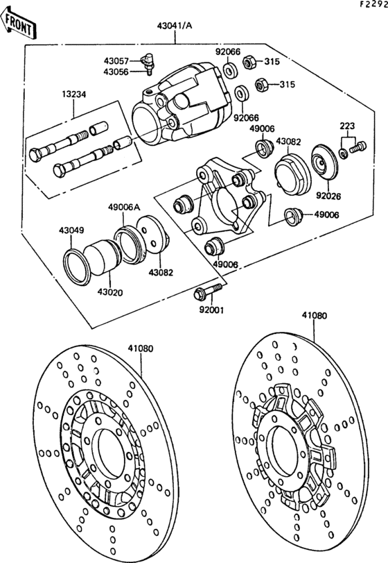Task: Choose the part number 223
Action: (347, 126)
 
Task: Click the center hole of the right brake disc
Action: (288, 440)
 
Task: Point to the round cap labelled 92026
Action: (323, 162)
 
